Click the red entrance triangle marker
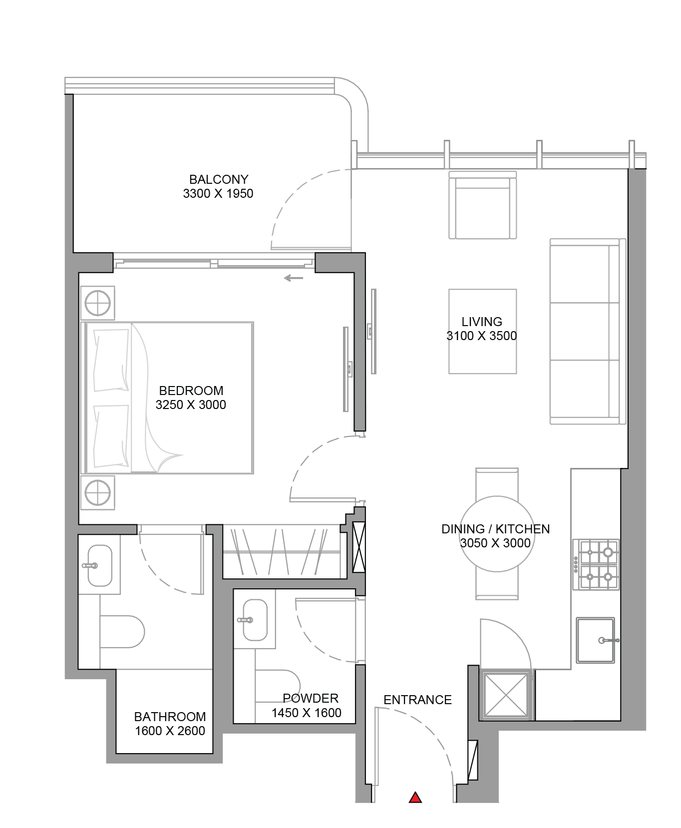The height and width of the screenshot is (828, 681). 415,798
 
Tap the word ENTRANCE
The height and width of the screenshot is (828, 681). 417,700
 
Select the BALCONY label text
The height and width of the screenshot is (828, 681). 219,179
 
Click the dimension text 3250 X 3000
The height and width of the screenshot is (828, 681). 191,405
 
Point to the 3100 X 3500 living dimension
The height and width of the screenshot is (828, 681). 481,336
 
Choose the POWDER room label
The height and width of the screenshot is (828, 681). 311,698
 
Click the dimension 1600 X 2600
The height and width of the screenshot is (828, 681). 170,731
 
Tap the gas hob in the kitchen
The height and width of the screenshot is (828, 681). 596,564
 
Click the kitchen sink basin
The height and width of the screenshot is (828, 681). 596,640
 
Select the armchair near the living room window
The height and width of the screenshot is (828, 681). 482,205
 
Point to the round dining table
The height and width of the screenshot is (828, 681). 496,534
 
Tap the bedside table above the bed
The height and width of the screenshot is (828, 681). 97,303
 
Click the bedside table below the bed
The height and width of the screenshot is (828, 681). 97,493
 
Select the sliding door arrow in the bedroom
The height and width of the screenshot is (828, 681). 294,278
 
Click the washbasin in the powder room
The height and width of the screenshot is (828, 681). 255,620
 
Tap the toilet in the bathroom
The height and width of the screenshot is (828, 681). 122,632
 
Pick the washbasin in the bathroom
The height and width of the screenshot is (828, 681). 99,566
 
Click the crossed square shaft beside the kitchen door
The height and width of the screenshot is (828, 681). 506,695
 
